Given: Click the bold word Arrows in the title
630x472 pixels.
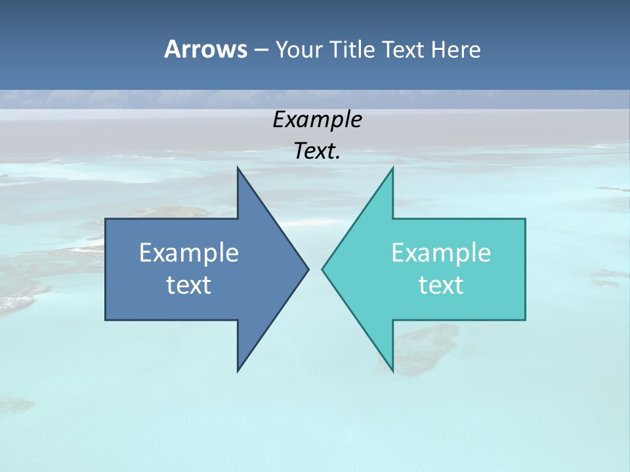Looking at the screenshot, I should click(205, 49).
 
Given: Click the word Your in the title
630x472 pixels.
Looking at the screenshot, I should click(298, 50).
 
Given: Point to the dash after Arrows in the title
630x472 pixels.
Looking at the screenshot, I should click(261, 50).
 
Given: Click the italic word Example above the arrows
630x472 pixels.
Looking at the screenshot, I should click(317, 120).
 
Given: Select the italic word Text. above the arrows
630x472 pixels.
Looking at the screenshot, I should click(317, 151).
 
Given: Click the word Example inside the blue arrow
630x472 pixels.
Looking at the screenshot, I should click(189, 253).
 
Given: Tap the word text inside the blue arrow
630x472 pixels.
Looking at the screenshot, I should click(189, 285).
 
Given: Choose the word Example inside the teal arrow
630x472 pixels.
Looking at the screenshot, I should click(441, 253).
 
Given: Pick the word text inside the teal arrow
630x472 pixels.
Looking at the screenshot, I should click(441, 285).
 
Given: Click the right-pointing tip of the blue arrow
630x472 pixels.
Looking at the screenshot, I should click(308, 269).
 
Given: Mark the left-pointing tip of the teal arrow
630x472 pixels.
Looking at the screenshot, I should click(323, 269).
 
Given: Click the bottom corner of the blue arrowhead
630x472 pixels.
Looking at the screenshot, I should click(238, 370).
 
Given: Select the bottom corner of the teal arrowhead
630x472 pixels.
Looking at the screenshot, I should click(392, 370).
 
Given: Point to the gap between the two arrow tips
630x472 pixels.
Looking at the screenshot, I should click(315, 269).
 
